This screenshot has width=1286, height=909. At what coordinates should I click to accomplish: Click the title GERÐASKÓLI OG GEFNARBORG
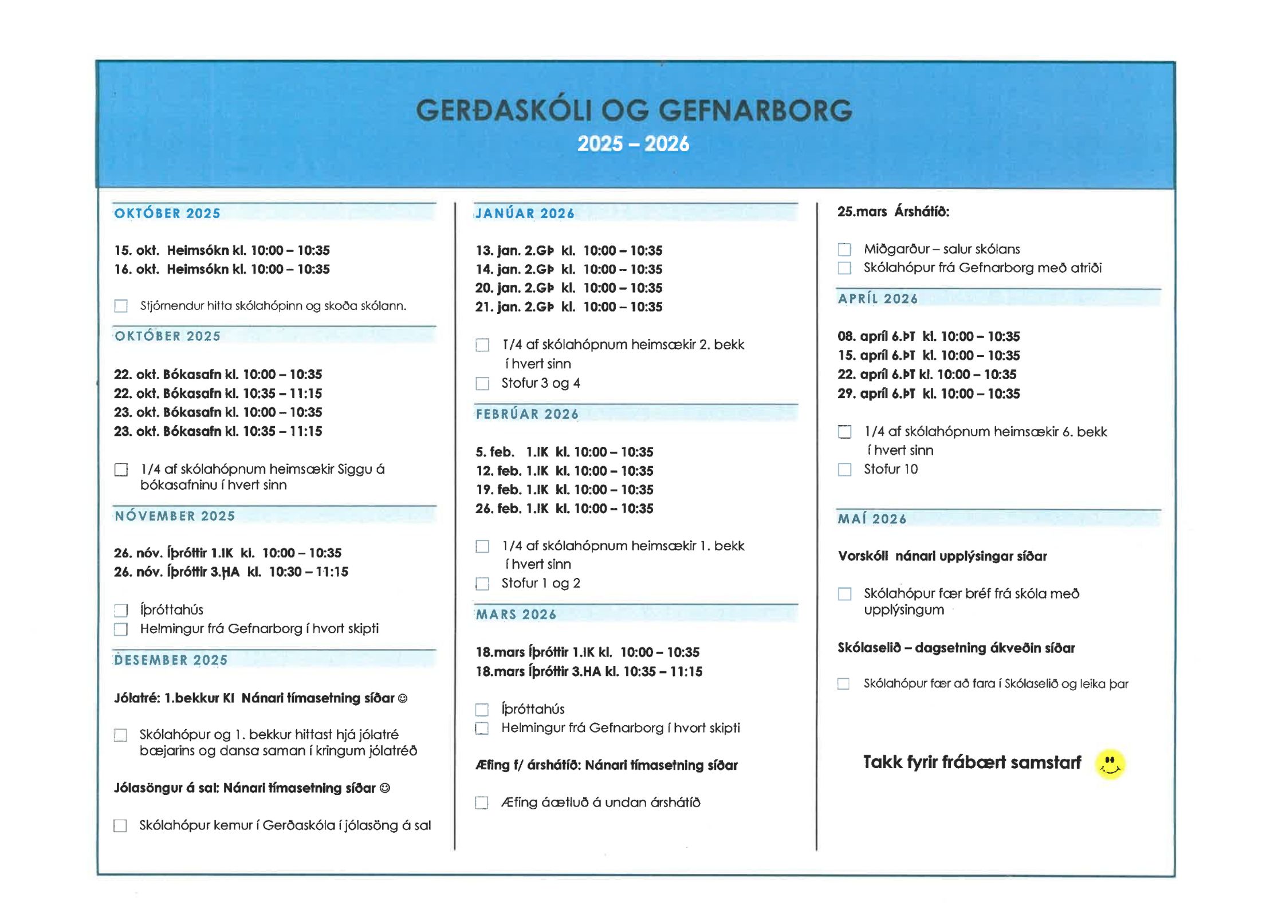pyautogui.click(x=634, y=111)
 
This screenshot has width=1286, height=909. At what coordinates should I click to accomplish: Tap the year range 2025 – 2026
pyautogui.click(x=633, y=144)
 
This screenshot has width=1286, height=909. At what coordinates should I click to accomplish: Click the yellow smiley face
pyautogui.click(x=1110, y=764)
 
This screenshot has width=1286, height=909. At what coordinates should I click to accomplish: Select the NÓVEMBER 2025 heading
pyautogui.click(x=175, y=516)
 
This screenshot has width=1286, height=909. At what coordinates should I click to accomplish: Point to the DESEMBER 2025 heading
pyautogui.click(x=171, y=660)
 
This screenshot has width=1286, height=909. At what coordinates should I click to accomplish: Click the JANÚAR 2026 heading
pyautogui.click(x=525, y=214)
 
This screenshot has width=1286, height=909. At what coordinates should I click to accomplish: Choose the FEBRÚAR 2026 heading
pyautogui.click(x=527, y=414)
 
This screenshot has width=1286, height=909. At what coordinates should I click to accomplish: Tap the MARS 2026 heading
pyautogui.click(x=516, y=615)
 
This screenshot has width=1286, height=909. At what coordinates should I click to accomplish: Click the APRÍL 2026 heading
pyautogui.click(x=878, y=299)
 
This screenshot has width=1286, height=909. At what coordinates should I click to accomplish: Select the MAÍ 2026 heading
pyautogui.click(x=872, y=519)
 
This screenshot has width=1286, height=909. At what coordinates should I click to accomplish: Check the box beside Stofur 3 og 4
pyautogui.click(x=482, y=383)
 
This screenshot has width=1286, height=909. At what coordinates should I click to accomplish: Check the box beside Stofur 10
pyautogui.click(x=844, y=470)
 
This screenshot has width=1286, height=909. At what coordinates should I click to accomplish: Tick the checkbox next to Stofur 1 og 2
pyautogui.click(x=482, y=584)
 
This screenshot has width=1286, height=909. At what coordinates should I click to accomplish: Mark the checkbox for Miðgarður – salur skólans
pyautogui.click(x=844, y=250)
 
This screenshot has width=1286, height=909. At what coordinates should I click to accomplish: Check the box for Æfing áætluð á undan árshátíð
pyautogui.click(x=482, y=803)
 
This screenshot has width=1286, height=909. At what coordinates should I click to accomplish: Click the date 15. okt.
pyautogui.click(x=136, y=250)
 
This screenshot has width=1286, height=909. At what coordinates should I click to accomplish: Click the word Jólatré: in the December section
pyautogui.click(x=136, y=698)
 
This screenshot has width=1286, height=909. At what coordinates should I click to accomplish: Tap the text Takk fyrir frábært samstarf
pyautogui.click(x=972, y=762)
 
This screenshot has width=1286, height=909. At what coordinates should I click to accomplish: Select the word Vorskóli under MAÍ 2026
pyautogui.click(x=863, y=556)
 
